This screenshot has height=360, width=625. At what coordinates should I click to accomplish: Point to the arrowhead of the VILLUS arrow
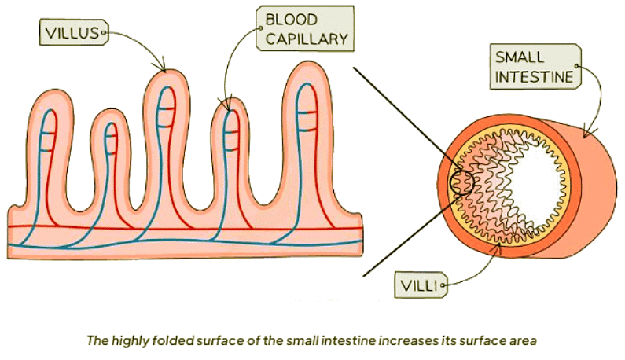(164, 69)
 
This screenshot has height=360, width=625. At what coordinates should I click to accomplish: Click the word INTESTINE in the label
(535, 75)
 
